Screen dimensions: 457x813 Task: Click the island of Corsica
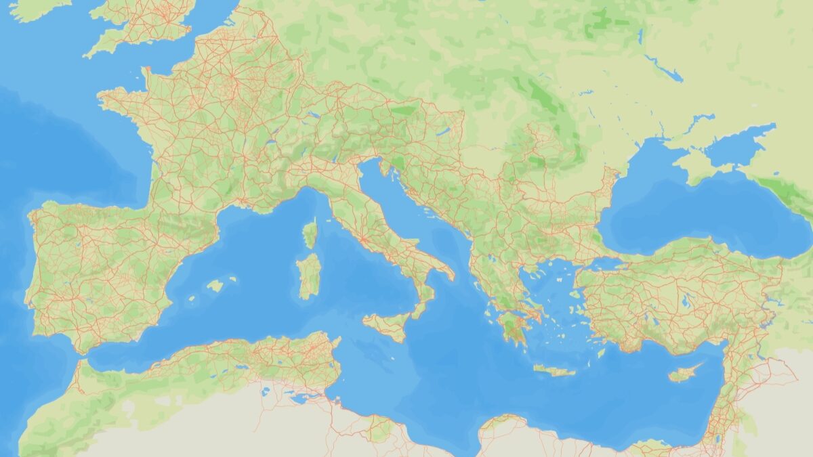pos(310,234)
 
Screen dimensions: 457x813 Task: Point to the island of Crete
pos(554,370)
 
